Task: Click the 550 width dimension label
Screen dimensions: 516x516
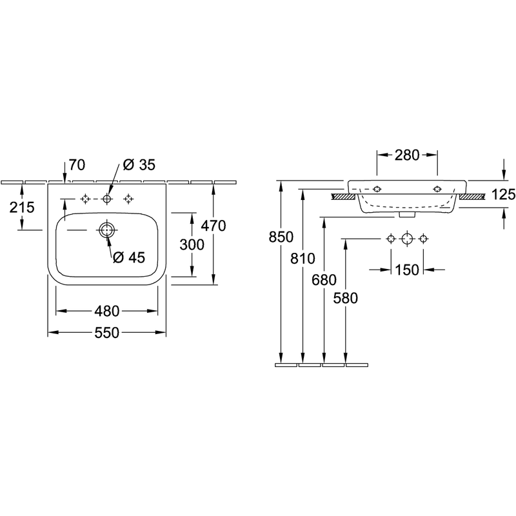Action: pyautogui.click(x=106, y=333)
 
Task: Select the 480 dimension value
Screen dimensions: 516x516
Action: pyautogui.click(x=106, y=311)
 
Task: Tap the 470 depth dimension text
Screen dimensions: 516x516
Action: pyautogui.click(x=213, y=226)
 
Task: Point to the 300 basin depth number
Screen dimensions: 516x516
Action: pyautogui.click(x=192, y=244)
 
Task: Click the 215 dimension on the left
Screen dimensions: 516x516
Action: pyautogui.click(x=22, y=207)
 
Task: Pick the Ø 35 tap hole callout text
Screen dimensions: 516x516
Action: pyautogui.click(x=139, y=165)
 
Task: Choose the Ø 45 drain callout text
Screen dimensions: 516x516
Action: pyautogui.click(x=128, y=257)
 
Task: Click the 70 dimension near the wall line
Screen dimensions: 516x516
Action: pyautogui.click(x=77, y=165)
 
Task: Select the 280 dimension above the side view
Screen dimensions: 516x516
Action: pyautogui.click(x=407, y=155)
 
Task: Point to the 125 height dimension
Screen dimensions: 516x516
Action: pyautogui.click(x=504, y=195)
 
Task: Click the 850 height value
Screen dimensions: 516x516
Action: pyautogui.click(x=281, y=237)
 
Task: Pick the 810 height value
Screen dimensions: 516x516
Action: pyautogui.click(x=303, y=259)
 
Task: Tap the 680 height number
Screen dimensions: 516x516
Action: pyautogui.click(x=324, y=280)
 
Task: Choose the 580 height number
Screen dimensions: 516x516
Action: pyautogui.click(x=346, y=298)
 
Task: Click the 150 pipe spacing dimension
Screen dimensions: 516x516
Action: pyautogui.click(x=407, y=270)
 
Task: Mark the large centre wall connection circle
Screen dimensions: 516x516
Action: pyautogui.click(x=407, y=238)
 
